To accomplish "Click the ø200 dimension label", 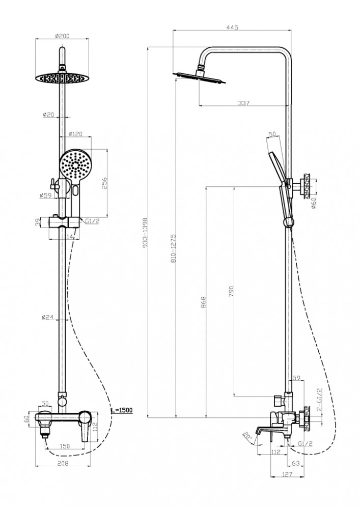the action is tap(62, 36).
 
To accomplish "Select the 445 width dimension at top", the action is tap(232, 27).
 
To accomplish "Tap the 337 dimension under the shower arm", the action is tap(244, 103).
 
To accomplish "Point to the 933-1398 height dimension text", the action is tap(145, 233).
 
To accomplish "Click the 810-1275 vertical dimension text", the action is tap(174, 248).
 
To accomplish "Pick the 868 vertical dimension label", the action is tap(204, 302).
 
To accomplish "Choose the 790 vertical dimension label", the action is tap(232, 292).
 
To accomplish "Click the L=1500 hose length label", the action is tap(122, 410).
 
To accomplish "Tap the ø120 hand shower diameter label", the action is tap(76, 134).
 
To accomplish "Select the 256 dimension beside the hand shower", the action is tap(104, 183).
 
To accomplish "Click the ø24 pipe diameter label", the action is tap(48, 317).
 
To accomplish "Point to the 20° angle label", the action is tap(247, 436).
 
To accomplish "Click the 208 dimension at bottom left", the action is tap(63, 463).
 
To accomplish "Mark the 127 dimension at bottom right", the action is tap(286, 474).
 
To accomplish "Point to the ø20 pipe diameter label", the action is tap(48, 115).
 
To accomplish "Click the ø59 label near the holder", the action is tap(46, 195).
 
